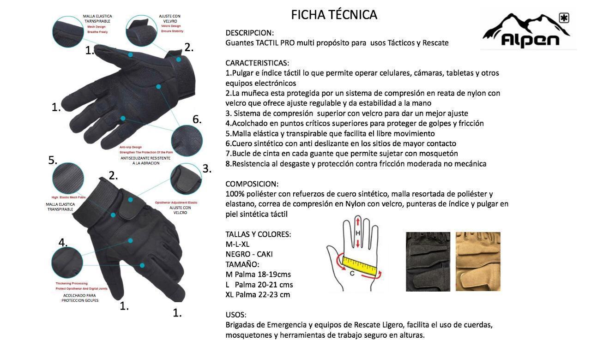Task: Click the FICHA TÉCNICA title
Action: (334, 15)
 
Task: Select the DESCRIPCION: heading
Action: (249, 33)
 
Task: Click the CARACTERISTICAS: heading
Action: (257, 63)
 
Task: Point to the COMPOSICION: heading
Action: (252, 184)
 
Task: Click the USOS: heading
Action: (236, 315)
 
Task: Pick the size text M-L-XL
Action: (237, 244)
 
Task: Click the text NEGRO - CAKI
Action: (249, 254)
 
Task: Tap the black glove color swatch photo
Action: (428, 262)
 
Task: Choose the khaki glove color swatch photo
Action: (478, 262)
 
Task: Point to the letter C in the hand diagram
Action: (352, 273)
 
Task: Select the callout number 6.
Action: (197, 119)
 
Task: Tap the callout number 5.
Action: (53, 161)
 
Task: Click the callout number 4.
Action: (63, 243)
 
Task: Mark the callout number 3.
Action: (207, 169)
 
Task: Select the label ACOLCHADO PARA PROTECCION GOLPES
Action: (80, 298)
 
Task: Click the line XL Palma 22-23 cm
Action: (258, 295)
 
